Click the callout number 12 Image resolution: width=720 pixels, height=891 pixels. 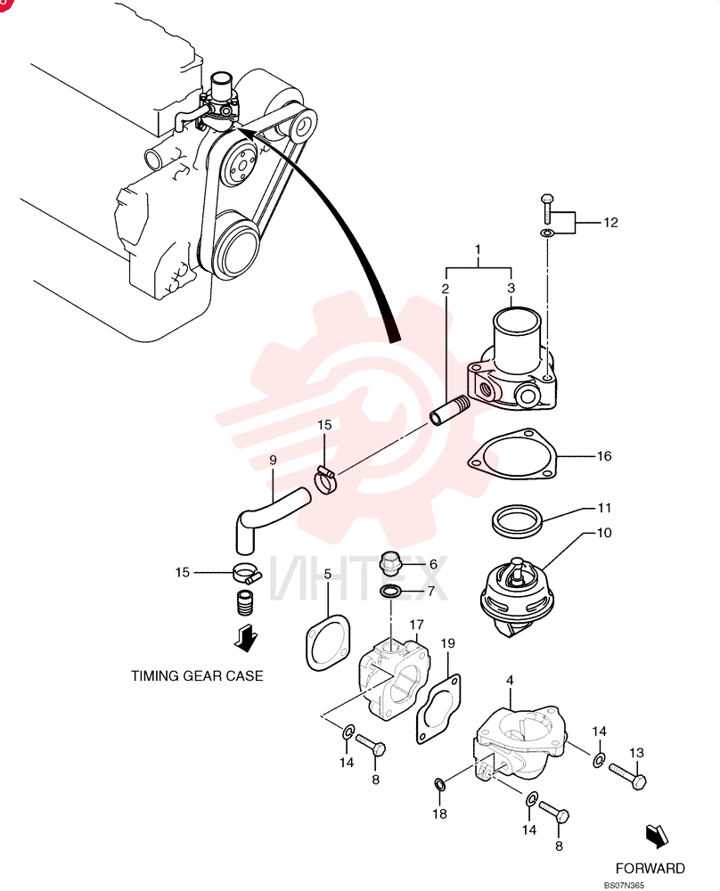pos(610,222)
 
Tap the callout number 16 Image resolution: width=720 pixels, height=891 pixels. pos(604,455)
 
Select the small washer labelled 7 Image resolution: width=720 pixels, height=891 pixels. pos(390,592)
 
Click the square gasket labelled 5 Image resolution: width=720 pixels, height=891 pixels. pos(329,642)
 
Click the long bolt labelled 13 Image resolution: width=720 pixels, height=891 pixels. pos(627,776)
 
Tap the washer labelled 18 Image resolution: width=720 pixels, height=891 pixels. pos(440,784)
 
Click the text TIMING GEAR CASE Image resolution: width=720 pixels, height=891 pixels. pos(197,675)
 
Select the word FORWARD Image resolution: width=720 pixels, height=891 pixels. pos(650,868)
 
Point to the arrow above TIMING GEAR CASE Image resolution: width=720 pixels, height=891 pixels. pos(245,639)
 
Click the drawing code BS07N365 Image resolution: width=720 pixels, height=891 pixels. pos(624,885)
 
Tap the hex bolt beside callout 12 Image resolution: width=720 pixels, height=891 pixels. pos(546,208)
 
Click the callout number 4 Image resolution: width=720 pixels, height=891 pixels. pos(510,680)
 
